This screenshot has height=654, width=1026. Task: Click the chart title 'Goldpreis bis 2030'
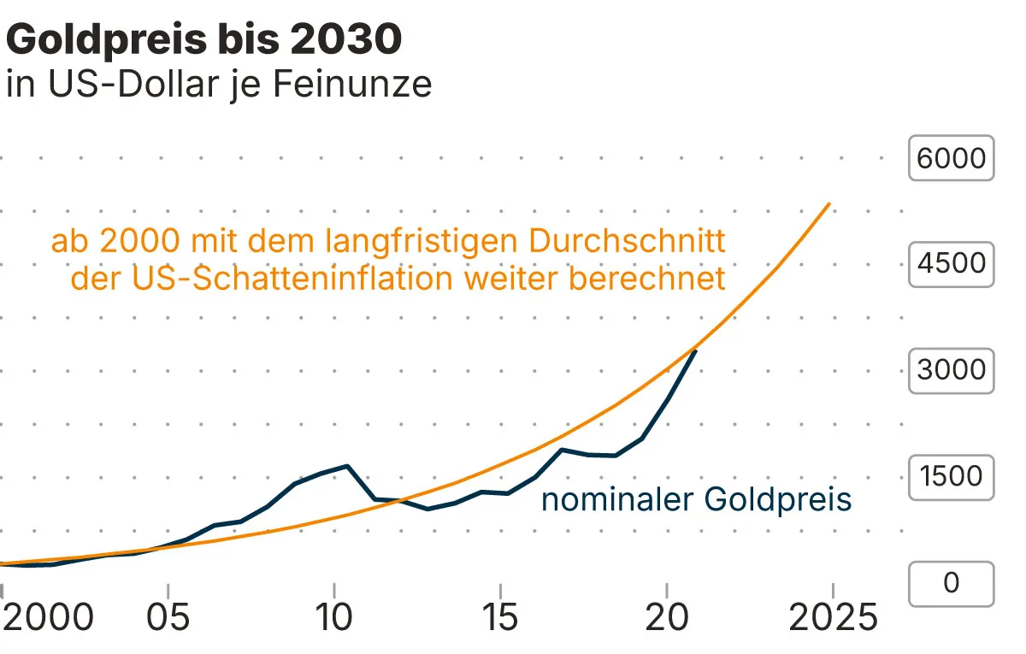pyautogui.click(x=203, y=40)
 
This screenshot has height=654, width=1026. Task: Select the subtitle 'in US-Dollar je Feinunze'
pyautogui.click(x=219, y=85)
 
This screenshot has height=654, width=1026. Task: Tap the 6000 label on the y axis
pyautogui.click(x=951, y=158)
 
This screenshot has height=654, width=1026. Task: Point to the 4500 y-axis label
pyautogui.click(x=951, y=263)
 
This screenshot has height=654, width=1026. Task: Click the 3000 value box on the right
pyautogui.click(x=951, y=370)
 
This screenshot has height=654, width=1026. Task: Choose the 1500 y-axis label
pyautogui.click(x=951, y=476)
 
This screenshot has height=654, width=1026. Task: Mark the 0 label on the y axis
pyautogui.click(x=951, y=583)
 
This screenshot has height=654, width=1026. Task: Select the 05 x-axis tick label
pyautogui.click(x=168, y=617)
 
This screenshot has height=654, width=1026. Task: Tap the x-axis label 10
pyautogui.click(x=334, y=617)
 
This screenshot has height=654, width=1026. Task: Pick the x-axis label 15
pyautogui.click(x=500, y=617)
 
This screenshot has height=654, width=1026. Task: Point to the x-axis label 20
pyautogui.click(x=667, y=617)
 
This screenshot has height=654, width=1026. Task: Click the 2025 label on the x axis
pyautogui.click(x=833, y=617)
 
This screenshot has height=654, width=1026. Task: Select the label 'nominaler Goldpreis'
pyautogui.click(x=696, y=499)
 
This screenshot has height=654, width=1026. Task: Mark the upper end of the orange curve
pyautogui.click(x=829, y=204)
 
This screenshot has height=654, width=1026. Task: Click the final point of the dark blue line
pyautogui.click(x=696, y=351)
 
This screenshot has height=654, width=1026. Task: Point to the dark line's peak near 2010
pyautogui.click(x=347, y=466)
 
